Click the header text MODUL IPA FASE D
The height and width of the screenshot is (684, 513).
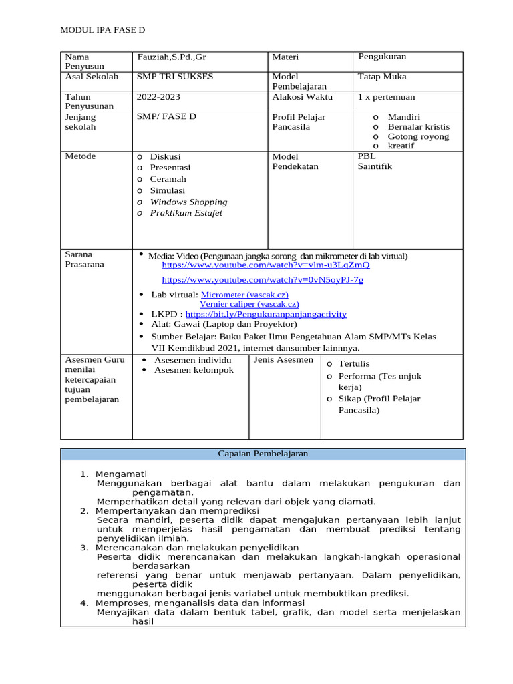103,31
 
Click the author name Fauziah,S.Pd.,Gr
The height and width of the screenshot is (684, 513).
172,57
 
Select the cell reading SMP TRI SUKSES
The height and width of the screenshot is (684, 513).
175,77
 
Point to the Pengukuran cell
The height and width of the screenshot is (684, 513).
382,57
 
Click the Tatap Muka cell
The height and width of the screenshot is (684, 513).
382,77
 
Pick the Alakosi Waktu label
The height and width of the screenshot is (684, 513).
297,97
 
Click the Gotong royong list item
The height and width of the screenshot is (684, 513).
418,136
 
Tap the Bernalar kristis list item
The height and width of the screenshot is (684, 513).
418,126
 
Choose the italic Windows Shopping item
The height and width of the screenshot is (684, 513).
188,202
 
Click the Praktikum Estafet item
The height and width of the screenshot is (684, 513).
186,213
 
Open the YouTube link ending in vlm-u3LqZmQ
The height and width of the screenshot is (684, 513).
266,265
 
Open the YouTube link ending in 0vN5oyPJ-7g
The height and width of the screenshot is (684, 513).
263,280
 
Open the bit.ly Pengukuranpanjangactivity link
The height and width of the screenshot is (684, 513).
266,314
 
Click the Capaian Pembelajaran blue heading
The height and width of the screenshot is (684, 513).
263,454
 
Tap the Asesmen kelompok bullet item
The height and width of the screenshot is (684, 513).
194,370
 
